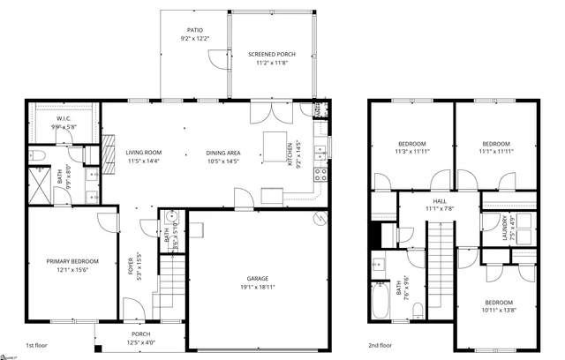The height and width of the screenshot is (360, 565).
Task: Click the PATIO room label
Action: tap(194, 29)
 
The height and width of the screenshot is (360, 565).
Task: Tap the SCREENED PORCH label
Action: tap(272, 55)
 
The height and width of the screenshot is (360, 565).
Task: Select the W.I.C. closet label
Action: tap(64, 117)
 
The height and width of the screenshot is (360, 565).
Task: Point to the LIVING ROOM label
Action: tap(144, 153)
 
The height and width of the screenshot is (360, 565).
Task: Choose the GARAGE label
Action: tap(257, 278)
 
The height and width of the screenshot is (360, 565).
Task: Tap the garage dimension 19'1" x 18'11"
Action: tap(257, 288)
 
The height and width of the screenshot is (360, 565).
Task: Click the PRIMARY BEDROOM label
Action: tap(72, 261)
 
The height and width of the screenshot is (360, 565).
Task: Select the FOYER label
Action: tap(131, 265)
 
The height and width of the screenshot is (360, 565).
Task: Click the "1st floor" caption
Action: tap(37, 345)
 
